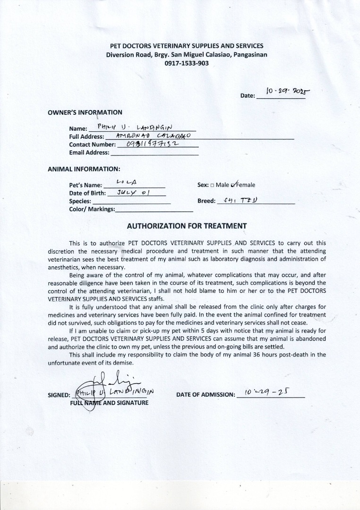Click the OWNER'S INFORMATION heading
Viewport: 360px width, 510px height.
(x=85, y=112)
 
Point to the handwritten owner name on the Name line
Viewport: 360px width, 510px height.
(x=136, y=127)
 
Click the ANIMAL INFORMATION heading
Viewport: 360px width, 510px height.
(x=84, y=169)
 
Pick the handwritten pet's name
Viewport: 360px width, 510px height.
(x=126, y=182)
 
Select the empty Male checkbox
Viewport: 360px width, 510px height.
(x=212, y=185)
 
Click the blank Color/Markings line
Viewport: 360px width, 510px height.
(x=154, y=209)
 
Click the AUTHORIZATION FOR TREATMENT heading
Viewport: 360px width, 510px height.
(x=187, y=226)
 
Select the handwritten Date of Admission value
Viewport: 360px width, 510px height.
(x=267, y=393)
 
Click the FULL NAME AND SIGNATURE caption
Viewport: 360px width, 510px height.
(x=109, y=403)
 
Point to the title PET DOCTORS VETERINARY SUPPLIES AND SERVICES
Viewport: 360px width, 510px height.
(x=187, y=46)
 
